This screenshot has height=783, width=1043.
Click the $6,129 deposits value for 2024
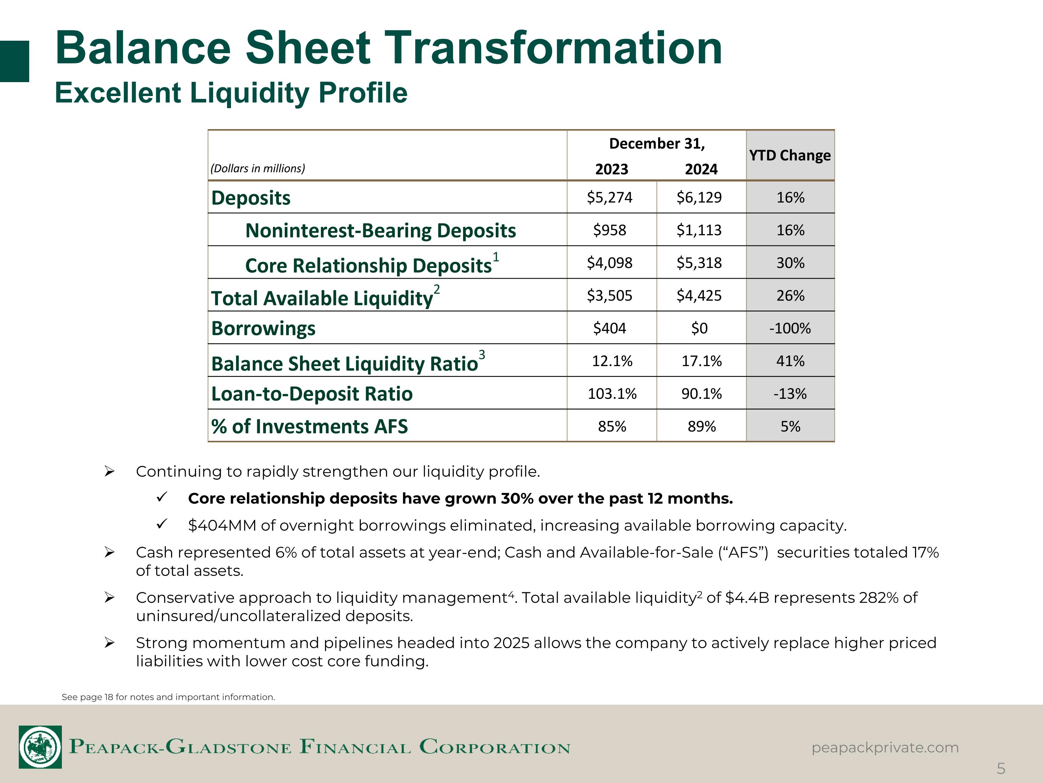[699, 197]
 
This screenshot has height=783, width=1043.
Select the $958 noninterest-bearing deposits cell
[610, 230]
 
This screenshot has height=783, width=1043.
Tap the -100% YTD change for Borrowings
[790, 328]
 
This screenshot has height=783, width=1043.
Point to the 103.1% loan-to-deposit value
[612, 394]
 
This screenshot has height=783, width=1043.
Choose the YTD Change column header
[790, 155]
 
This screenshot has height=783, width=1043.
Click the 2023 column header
[612, 169]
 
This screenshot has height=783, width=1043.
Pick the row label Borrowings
[263, 329]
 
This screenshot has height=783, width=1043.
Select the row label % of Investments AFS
[309, 427]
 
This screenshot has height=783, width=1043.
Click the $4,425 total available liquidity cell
[699, 295]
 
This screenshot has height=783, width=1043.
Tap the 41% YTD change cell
[790, 361]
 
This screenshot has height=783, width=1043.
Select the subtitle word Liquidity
[250, 93]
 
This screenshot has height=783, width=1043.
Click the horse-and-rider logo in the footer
[40, 747]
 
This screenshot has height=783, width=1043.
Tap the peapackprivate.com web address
[885, 748]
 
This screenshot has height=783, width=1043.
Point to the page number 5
[1001, 769]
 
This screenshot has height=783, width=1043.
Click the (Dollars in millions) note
[258, 168]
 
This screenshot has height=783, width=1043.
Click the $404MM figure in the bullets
[221, 525]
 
